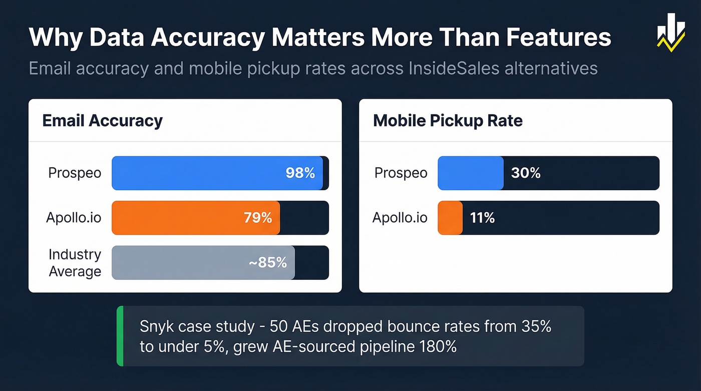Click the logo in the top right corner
[x=670, y=33]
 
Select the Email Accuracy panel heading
[x=103, y=121]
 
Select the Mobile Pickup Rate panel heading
[x=448, y=121]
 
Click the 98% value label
[x=300, y=173]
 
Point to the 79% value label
[x=257, y=218]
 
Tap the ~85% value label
[x=268, y=262]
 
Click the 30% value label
[x=526, y=173]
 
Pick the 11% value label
[x=482, y=218]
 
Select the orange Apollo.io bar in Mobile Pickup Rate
[x=450, y=218]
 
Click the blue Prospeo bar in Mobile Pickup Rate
[x=471, y=173]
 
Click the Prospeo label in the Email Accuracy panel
[x=75, y=173]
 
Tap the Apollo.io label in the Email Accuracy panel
[x=74, y=218]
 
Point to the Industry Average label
[x=75, y=263]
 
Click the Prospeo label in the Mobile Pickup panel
[x=401, y=173]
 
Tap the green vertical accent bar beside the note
[x=120, y=336]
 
